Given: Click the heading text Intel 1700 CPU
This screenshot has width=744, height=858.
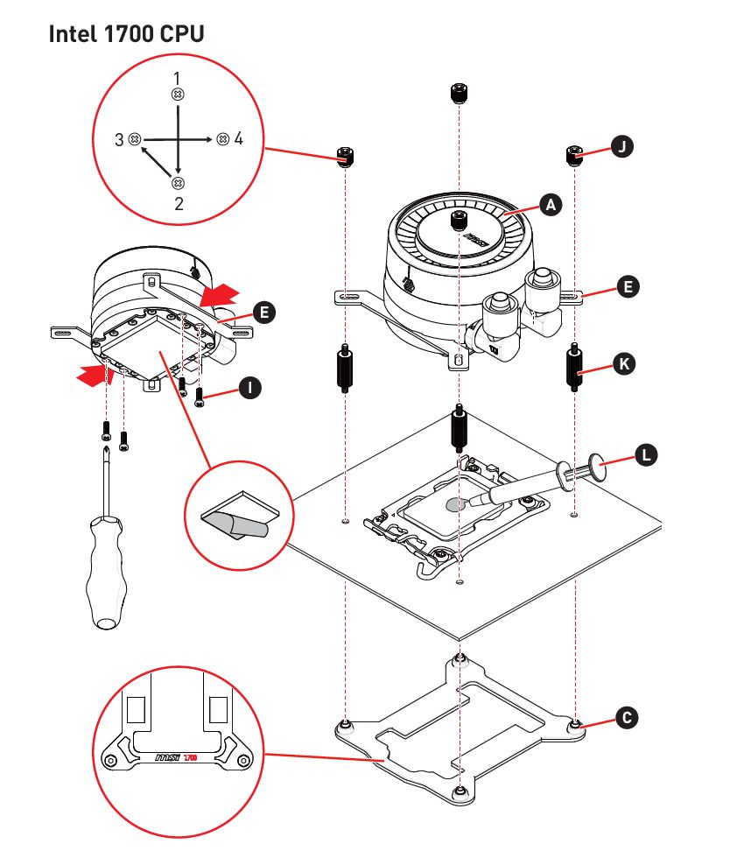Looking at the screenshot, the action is (126, 34).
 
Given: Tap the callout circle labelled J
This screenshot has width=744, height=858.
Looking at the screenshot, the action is (622, 147).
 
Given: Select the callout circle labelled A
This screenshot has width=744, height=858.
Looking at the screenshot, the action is (551, 205).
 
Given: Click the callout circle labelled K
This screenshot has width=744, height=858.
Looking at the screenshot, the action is (624, 364).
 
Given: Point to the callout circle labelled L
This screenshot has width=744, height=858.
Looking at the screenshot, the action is (646, 454).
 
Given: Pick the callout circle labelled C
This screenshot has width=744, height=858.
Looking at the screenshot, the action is (627, 718).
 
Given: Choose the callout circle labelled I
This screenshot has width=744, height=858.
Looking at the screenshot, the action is (250, 388).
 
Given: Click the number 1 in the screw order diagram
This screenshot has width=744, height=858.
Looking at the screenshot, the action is (177, 78).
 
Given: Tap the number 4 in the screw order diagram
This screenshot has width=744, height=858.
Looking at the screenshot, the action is (238, 138).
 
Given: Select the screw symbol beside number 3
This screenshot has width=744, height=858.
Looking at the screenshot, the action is (135, 139).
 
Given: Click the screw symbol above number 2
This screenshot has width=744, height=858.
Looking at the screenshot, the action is (178, 183).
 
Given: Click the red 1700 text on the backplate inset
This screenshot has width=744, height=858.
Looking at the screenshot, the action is (191, 758).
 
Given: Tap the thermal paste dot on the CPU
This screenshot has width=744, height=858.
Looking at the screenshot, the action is (455, 504).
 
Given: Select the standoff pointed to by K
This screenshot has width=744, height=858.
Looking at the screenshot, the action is (574, 367).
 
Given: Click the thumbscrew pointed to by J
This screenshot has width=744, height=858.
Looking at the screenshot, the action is (573, 156).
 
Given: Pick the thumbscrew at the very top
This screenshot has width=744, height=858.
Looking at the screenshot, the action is (459, 93).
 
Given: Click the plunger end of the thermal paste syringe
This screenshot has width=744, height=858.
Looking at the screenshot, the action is (597, 466).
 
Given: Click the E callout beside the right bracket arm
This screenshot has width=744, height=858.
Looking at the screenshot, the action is (628, 287).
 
